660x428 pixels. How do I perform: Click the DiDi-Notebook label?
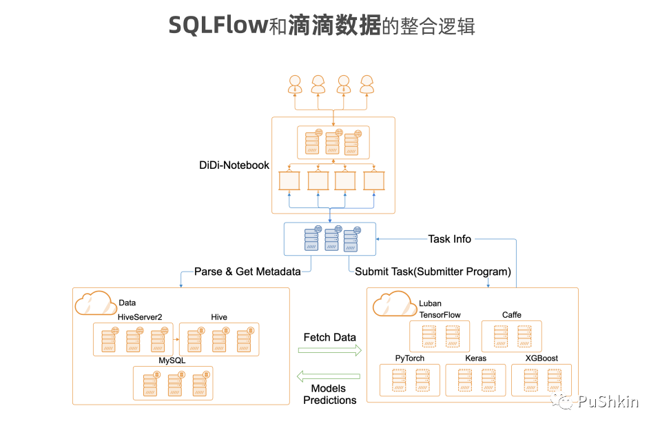click(x=234, y=165)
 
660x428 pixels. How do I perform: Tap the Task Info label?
click(x=450, y=239)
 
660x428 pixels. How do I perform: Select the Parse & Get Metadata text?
click(x=247, y=272)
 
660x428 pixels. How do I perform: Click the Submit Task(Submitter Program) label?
click(x=433, y=272)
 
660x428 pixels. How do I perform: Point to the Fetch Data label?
click(x=329, y=338)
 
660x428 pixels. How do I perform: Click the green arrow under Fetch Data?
click(x=329, y=350)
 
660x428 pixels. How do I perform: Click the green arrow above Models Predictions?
click(x=329, y=376)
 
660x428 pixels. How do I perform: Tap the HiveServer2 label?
click(x=140, y=317)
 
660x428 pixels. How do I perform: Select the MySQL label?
click(x=172, y=360)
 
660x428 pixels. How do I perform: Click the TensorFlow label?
click(x=440, y=315)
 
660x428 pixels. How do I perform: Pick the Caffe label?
click(x=511, y=315)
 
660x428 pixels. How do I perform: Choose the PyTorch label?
click(x=409, y=358)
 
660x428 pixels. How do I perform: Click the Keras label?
click(x=475, y=358)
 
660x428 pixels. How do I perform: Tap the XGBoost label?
click(x=542, y=358)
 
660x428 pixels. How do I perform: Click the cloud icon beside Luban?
click(x=394, y=304)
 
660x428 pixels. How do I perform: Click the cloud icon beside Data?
click(x=96, y=303)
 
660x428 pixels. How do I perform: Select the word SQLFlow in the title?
click(x=218, y=26)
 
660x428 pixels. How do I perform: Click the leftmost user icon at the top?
click(x=295, y=84)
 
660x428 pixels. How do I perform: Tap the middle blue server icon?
click(x=332, y=238)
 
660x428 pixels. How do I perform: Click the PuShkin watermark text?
click(x=608, y=401)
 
